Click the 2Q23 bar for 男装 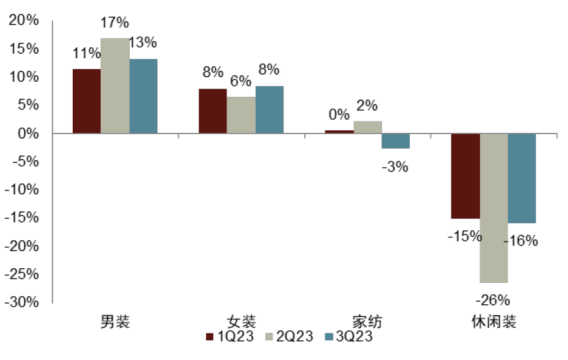(114, 85)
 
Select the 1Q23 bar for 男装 (87, 101)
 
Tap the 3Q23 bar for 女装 (269, 109)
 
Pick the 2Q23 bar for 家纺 (367, 127)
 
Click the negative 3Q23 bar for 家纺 (396, 141)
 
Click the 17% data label (114, 23)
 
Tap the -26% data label (494, 299)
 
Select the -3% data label (395, 167)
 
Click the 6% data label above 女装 (241, 81)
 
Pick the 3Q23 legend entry (349, 337)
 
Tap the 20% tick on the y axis (23, 21)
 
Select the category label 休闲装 (493, 321)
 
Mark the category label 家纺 (367, 321)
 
